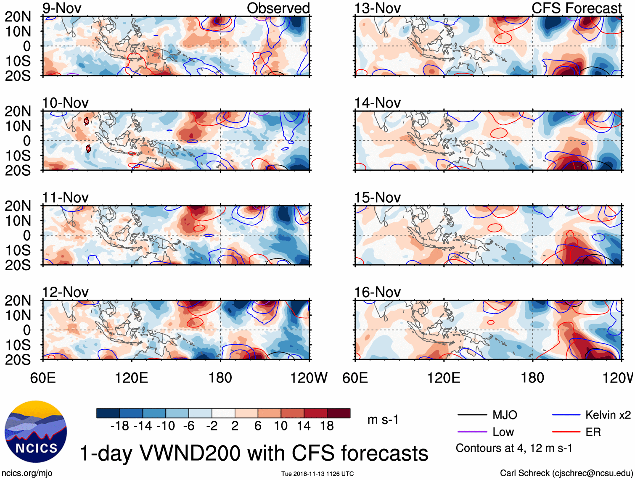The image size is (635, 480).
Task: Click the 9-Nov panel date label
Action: [x=62, y=8]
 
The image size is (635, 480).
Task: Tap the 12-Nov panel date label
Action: [x=65, y=292]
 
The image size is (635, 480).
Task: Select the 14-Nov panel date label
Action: [x=377, y=103]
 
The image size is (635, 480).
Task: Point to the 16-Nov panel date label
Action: [x=377, y=292]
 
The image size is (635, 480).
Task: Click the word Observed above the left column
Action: [x=278, y=8]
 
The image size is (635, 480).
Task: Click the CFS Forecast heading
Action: [x=576, y=8]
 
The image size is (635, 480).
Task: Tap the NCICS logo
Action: [x=36, y=432]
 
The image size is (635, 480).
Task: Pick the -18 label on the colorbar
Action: [x=120, y=426]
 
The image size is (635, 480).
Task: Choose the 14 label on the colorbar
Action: [x=304, y=426]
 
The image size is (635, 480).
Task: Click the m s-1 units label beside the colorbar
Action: [x=383, y=419]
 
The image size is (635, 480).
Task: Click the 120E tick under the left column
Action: [x=132, y=378]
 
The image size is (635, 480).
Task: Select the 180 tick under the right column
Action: [x=532, y=378]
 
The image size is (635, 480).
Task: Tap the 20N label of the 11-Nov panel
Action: [x=18, y=206]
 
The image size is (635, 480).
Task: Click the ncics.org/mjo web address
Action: [x=27, y=473]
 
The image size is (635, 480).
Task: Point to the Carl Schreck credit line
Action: [x=566, y=473]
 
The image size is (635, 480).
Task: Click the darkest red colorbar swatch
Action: [x=339, y=413]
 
